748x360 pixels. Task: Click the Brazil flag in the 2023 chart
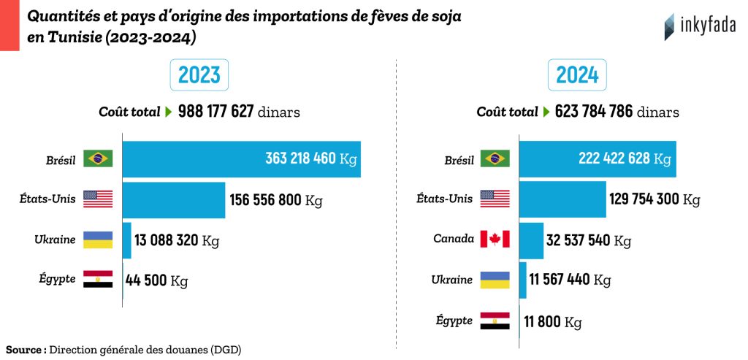tap(98, 158)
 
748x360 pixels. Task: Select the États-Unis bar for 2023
tap(174, 200)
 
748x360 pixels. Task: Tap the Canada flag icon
tap(495, 240)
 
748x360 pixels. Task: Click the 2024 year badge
tap(577, 75)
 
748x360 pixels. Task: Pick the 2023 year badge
tap(199, 75)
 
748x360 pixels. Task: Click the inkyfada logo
tap(700, 27)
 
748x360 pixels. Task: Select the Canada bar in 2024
tap(531, 240)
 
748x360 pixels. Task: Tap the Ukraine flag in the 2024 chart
tap(495, 280)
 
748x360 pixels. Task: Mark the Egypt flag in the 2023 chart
tap(98, 280)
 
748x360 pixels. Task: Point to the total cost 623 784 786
tap(593, 112)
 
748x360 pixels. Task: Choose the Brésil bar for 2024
tap(598, 159)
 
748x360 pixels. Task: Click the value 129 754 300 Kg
tap(655, 199)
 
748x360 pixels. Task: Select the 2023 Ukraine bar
tap(126, 240)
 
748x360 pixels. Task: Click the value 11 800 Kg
tap(552, 321)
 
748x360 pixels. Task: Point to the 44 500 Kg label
tap(157, 280)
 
